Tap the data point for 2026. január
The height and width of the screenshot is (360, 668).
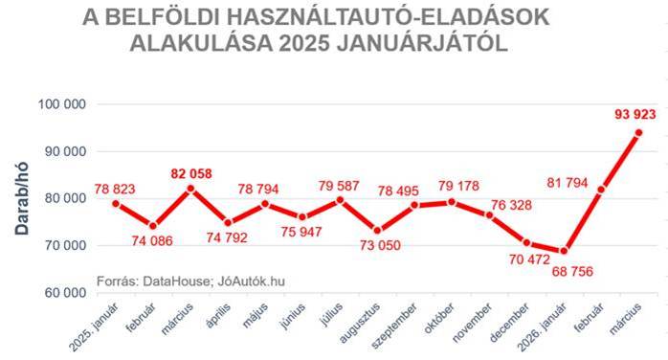click(564, 251)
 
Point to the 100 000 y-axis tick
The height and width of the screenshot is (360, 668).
click(62, 104)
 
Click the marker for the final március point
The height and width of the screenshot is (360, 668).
click(638, 132)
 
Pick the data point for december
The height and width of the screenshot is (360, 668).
click(526, 243)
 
